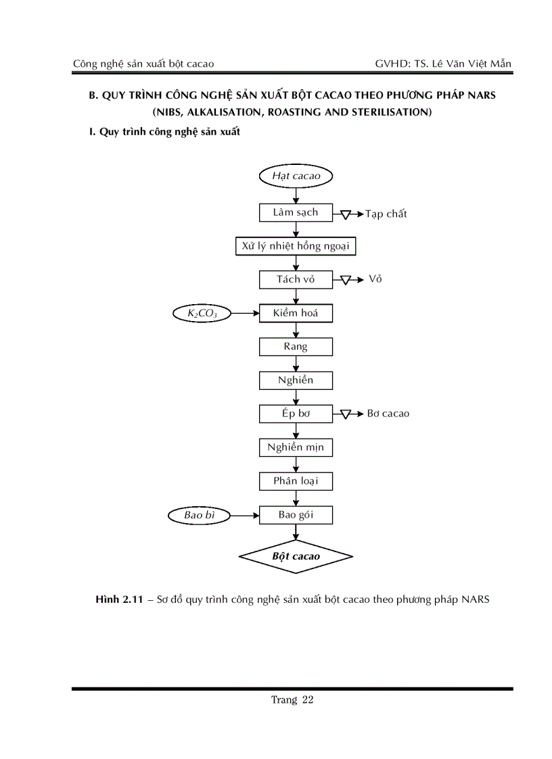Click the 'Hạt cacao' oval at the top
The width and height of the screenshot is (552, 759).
[x=296, y=176]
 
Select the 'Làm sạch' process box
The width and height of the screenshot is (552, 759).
[x=296, y=212]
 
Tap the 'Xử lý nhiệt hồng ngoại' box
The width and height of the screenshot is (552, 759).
[x=296, y=246]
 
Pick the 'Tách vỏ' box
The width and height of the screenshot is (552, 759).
[x=296, y=279]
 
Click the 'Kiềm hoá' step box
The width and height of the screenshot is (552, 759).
[x=296, y=313]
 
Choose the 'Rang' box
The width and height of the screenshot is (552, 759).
[x=296, y=347]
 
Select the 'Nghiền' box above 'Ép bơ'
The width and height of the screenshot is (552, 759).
[x=296, y=381]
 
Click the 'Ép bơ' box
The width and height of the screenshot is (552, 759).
[x=296, y=414]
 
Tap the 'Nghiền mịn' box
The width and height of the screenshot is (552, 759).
[x=296, y=447]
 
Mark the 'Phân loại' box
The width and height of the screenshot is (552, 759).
[x=296, y=481]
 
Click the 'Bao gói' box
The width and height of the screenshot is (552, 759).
[x=296, y=515]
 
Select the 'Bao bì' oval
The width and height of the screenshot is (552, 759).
[x=199, y=515]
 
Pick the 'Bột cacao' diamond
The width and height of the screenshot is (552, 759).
[x=296, y=556]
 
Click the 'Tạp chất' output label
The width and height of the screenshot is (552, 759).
[x=386, y=214]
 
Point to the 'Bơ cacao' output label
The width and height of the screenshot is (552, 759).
[x=388, y=414]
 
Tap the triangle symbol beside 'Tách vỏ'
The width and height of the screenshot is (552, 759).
[x=345, y=280]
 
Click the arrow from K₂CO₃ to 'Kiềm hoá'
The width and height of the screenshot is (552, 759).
[x=245, y=313]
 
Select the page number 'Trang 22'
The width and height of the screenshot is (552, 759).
[x=292, y=700]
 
